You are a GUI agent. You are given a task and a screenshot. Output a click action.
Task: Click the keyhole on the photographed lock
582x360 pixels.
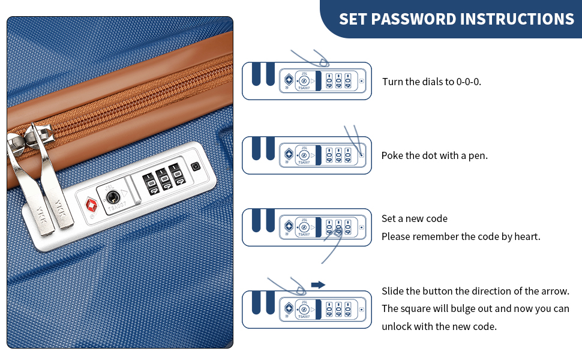tap(112, 197)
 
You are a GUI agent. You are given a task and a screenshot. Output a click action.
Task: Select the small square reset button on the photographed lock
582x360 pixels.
tap(196, 166)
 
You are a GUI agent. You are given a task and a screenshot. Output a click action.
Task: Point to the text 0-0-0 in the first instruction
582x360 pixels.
tap(469, 82)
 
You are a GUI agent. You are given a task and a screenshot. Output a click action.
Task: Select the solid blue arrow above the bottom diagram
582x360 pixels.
tap(318, 284)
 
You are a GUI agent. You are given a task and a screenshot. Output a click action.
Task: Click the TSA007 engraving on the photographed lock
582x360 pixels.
tap(117, 208)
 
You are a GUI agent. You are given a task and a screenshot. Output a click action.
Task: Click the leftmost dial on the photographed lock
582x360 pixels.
tap(151, 184)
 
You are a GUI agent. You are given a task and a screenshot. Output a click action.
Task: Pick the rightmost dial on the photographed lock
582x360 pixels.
tap(177, 174)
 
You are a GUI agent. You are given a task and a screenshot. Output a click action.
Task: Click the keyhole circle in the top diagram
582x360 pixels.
tap(304, 81)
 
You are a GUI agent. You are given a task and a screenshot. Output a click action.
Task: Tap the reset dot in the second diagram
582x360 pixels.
tap(362, 155)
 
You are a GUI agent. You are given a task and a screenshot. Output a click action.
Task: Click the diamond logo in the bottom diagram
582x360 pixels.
tap(289, 308)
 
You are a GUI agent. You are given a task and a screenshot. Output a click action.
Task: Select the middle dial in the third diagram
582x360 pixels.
tap(338, 227)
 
